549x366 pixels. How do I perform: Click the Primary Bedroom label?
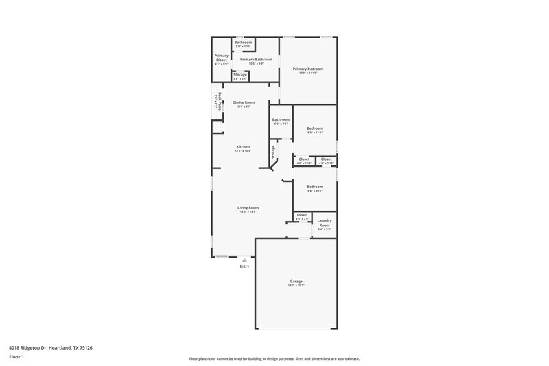[307, 69]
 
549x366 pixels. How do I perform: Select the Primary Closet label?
[221, 58]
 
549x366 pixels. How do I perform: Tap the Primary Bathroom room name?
[256, 60]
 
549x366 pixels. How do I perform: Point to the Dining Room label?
[244, 102]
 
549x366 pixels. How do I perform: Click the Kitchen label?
[244, 146]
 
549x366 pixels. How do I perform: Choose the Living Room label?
[248, 207]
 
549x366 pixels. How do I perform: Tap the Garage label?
[296, 281]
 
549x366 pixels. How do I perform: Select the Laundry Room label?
[325, 223]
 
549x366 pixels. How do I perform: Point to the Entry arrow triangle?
[244, 260]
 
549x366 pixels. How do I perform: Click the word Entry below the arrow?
[244, 266]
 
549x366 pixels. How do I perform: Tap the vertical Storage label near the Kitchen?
[273, 152]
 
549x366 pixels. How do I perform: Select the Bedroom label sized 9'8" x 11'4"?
[315, 128]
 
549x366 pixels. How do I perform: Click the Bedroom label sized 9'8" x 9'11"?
[315, 187]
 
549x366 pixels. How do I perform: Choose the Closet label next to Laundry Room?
[303, 215]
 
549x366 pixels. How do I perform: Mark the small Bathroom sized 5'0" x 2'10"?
[243, 43]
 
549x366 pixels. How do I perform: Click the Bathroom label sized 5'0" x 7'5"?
[281, 120]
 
